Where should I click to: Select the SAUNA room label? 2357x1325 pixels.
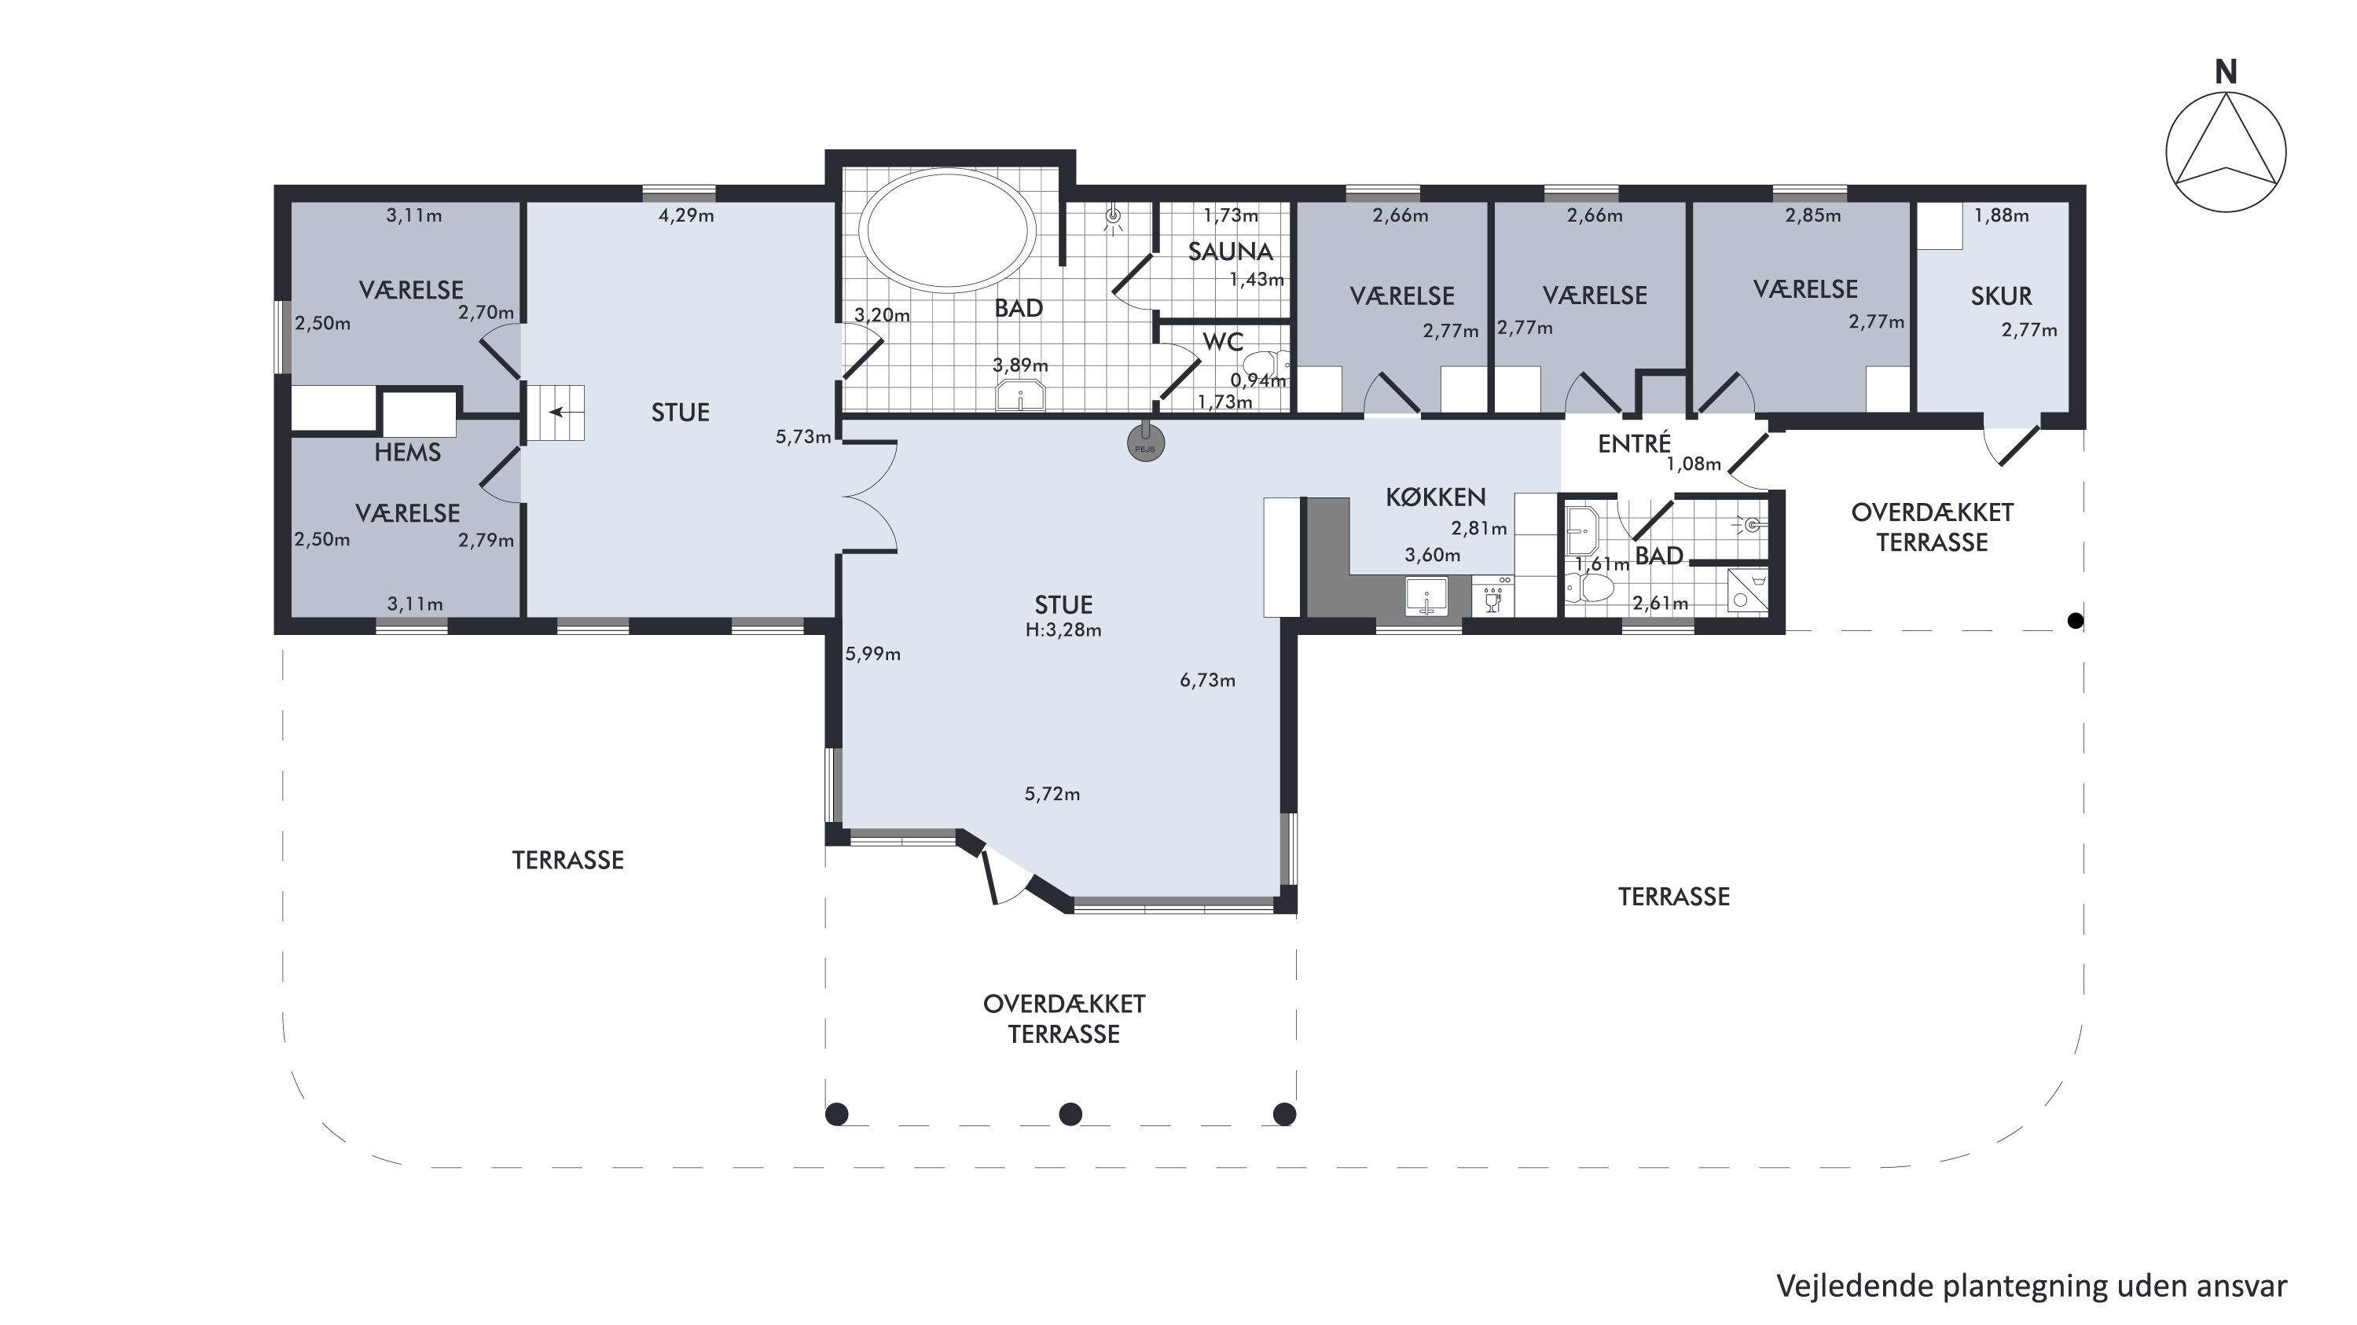tap(1230, 251)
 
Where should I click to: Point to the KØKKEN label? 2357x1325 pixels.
tap(1436, 497)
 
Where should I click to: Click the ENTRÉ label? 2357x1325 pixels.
tap(1634, 444)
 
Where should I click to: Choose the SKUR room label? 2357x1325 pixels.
tap(2001, 296)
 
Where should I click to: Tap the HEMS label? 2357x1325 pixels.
tap(407, 452)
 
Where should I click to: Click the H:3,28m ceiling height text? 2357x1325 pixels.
tap(1063, 629)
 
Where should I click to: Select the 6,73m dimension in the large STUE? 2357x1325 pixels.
tap(1208, 680)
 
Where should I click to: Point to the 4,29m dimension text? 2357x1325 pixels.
tap(686, 216)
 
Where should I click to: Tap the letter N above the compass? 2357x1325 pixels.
tap(2227, 72)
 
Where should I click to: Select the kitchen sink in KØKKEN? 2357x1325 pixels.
tap(1426, 596)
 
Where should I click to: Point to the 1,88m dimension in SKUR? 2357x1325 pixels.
tap(2001, 216)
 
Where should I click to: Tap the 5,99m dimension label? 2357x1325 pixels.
tap(873, 655)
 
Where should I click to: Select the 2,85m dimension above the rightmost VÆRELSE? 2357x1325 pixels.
tap(1812, 216)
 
